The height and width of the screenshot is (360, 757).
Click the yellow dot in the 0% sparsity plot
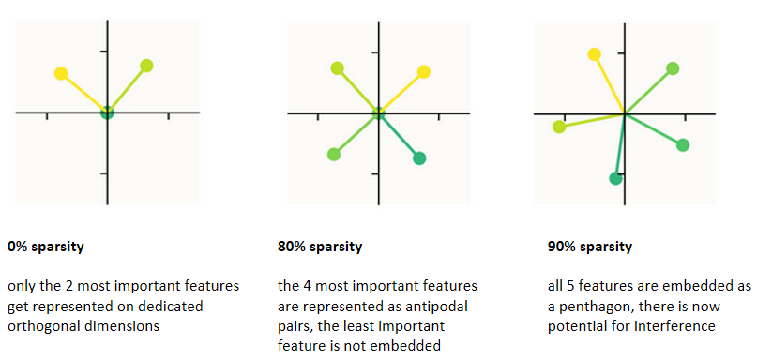tap(61, 73)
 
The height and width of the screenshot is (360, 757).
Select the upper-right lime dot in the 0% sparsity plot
tap(146, 66)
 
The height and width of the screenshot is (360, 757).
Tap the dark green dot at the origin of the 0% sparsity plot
tap(107, 112)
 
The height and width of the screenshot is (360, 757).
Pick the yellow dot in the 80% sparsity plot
tap(423, 72)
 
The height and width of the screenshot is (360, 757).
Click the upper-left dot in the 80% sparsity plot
tap(338, 68)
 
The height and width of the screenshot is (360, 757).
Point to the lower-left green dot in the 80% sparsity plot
tap(334, 155)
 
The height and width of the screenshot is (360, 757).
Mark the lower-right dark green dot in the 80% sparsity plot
tap(419, 157)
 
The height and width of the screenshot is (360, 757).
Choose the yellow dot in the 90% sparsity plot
tap(595, 54)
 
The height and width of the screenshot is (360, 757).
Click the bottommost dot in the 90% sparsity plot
tap(615, 178)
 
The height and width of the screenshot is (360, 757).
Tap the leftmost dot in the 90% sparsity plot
tap(559, 127)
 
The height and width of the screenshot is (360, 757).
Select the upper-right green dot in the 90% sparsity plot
tap(673, 68)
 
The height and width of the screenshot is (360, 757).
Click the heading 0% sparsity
tap(46, 247)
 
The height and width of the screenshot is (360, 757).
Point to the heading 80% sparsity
tap(320, 247)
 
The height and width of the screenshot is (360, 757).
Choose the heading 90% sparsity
tap(589, 247)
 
